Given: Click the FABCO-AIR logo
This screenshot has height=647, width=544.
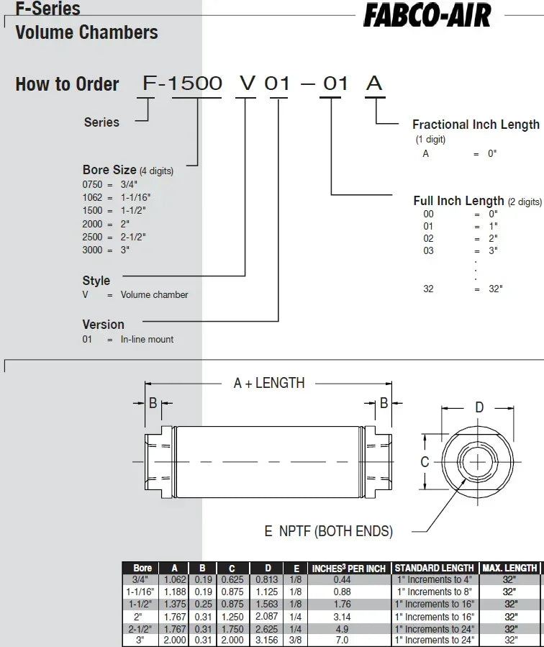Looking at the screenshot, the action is (427, 15).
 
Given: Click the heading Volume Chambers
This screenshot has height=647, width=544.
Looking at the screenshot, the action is (86, 32).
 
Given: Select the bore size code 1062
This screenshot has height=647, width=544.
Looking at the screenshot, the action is (92, 197).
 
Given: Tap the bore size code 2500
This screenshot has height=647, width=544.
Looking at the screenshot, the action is (92, 237).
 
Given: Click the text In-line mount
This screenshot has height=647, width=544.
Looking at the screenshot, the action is (147, 339).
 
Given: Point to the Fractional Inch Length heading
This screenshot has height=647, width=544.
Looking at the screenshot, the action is (476, 125).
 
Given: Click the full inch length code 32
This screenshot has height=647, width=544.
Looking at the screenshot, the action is (428, 289).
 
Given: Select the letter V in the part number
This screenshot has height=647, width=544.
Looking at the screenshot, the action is (248, 83).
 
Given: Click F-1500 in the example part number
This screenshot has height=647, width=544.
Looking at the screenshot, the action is (182, 83).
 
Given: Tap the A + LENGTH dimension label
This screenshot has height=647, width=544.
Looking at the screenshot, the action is (269, 383).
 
